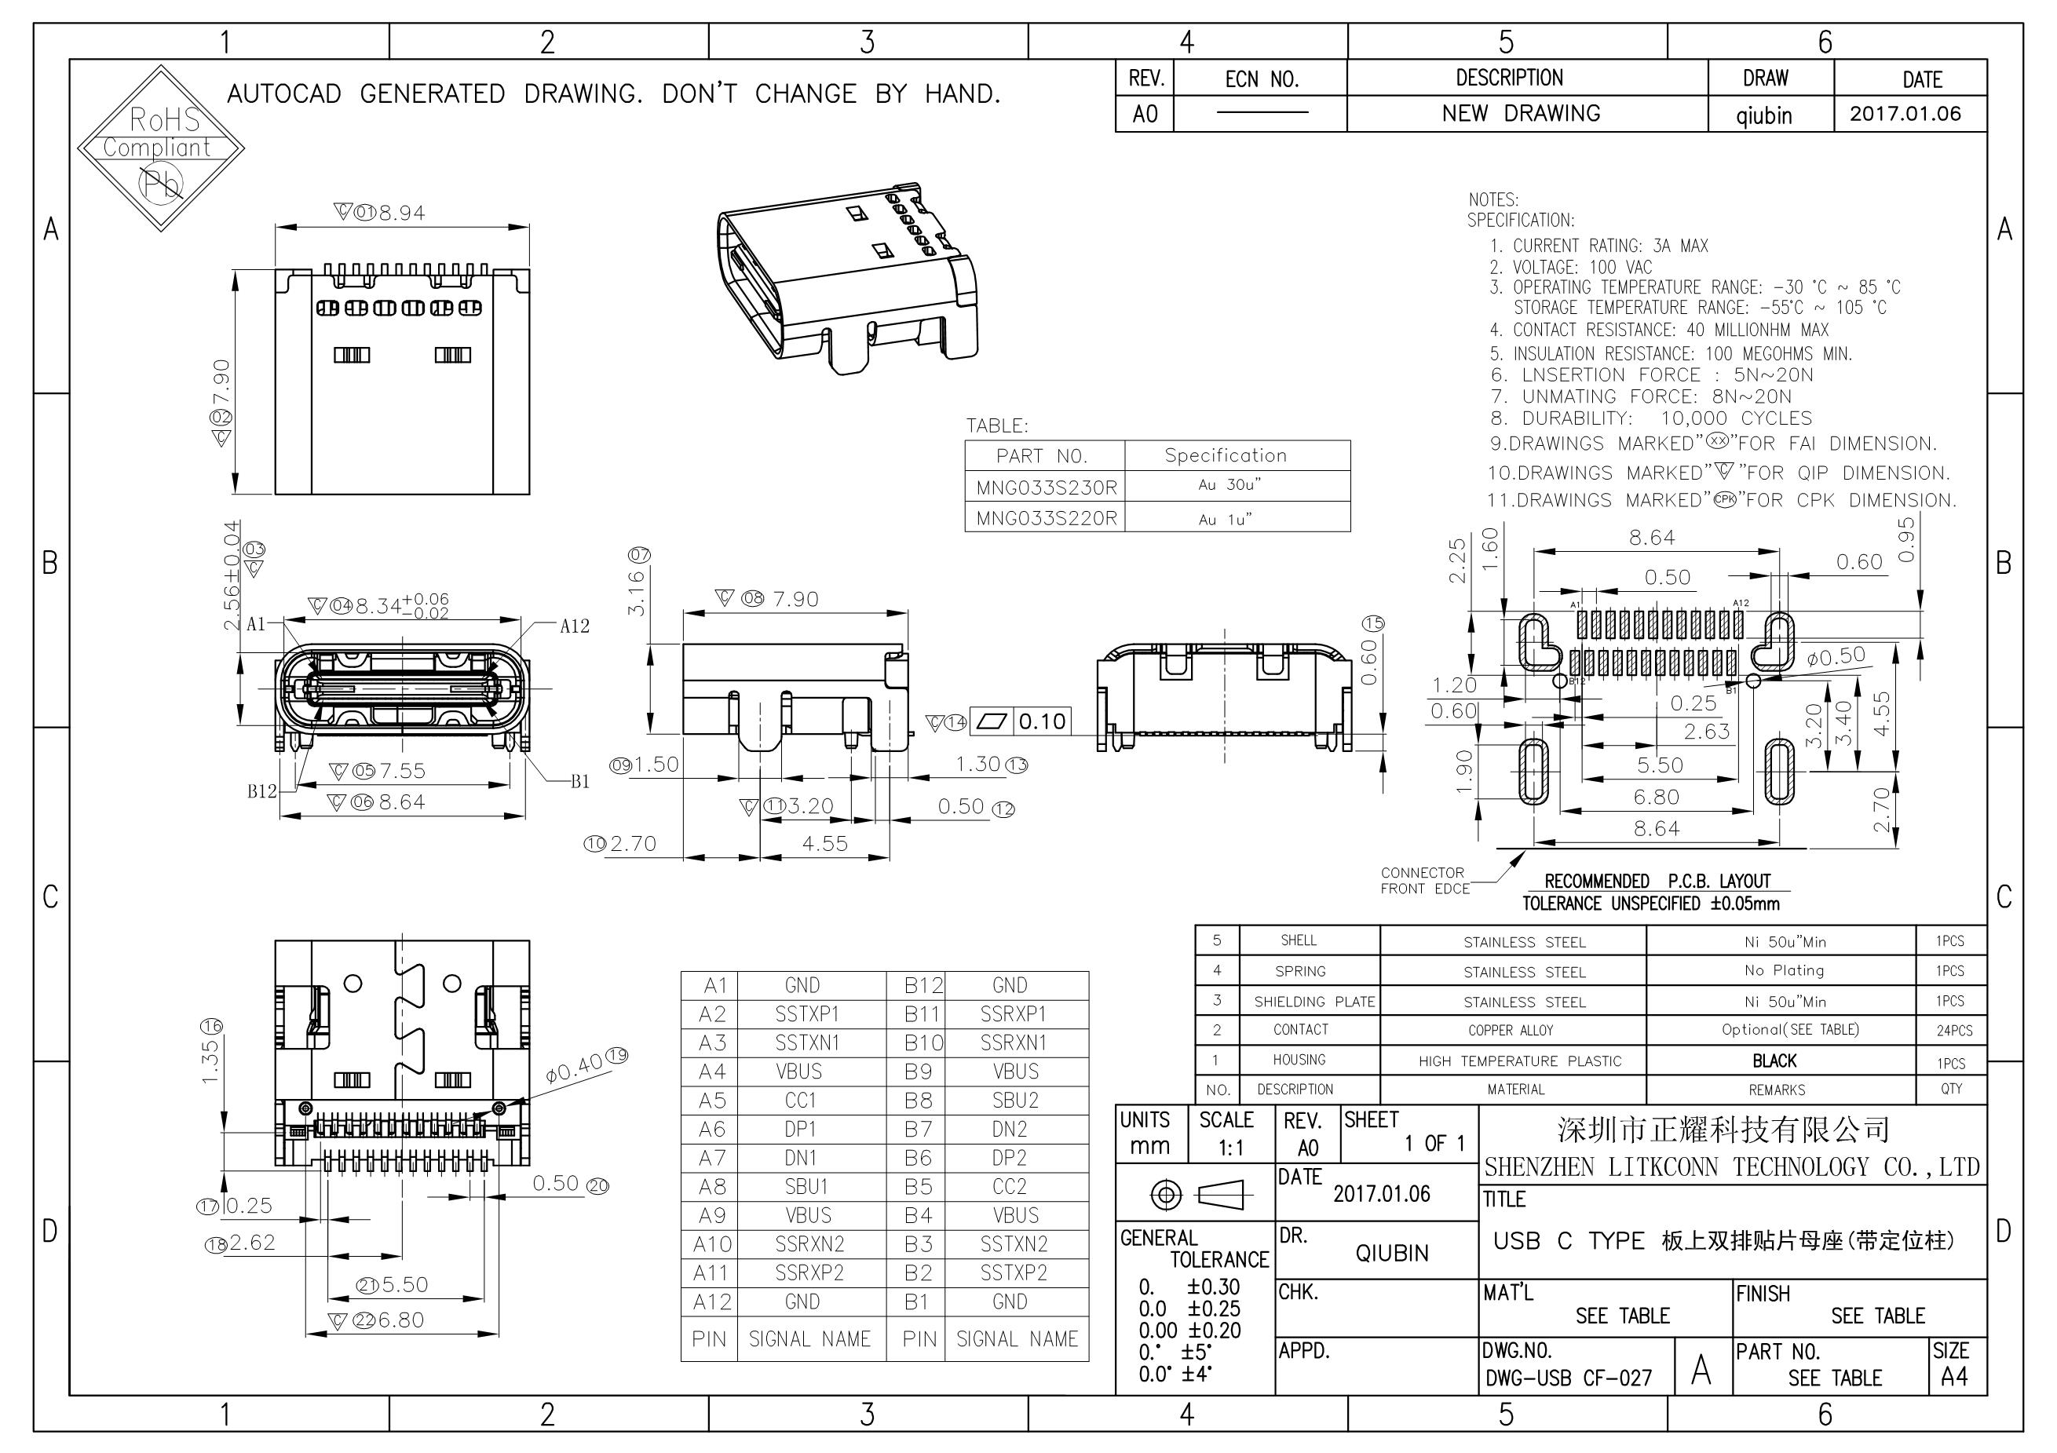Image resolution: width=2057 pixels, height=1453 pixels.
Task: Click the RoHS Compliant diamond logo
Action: [161, 148]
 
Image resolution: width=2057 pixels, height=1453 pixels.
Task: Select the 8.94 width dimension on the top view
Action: [401, 214]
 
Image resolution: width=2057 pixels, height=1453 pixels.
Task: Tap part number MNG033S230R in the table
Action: [1047, 487]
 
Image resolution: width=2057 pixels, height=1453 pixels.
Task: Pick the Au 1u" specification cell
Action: [1225, 519]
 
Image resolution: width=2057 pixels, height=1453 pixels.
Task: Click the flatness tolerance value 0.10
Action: [1042, 721]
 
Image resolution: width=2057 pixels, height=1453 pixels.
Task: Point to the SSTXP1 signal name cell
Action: [807, 1014]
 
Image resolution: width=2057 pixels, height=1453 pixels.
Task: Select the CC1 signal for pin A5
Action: [801, 1100]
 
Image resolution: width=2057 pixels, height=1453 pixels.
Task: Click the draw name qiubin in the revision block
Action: [1764, 115]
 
